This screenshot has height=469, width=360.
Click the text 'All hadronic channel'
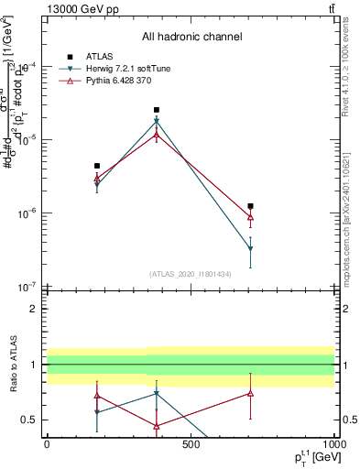[x=191, y=37]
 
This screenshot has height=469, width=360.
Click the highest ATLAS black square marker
[x=157, y=110]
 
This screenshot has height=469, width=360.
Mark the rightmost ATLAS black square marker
[x=250, y=206]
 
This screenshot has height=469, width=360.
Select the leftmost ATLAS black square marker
[x=97, y=166]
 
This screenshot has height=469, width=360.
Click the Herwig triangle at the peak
[x=157, y=121]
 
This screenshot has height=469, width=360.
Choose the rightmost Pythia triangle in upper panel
[x=250, y=217]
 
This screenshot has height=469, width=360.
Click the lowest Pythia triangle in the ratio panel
[x=157, y=426]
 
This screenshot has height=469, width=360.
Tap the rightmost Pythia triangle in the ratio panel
[x=250, y=394]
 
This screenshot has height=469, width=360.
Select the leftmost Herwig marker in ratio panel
[x=97, y=412]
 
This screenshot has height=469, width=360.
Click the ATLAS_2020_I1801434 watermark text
[x=191, y=274]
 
